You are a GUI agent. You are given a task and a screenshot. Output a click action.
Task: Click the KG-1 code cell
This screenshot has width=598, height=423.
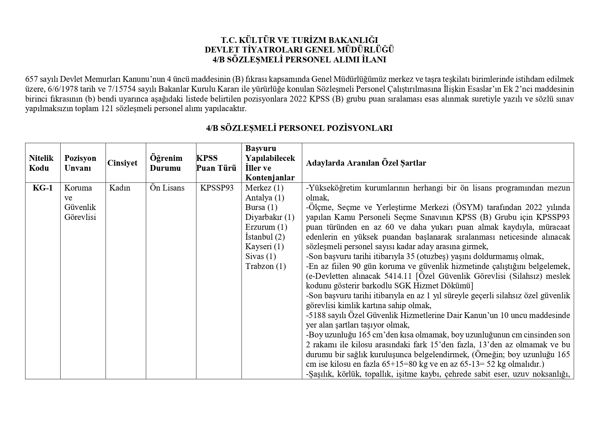(43, 188)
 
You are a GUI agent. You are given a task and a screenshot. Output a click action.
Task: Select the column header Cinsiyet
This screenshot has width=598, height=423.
(122, 163)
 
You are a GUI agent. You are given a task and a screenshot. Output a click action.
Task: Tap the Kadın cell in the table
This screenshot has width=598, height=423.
(120, 188)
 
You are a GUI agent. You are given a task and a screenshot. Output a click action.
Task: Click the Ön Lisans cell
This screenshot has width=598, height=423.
(167, 188)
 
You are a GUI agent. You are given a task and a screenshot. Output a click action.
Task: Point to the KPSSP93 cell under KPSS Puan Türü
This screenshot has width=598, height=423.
(217, 188)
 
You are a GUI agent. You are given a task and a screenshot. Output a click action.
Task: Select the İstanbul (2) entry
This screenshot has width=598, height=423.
(265, 237)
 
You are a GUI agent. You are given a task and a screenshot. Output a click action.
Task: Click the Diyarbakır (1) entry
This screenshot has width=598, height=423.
(270, 217)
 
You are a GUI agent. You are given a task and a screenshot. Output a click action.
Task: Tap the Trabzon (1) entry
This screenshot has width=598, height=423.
(265, 266)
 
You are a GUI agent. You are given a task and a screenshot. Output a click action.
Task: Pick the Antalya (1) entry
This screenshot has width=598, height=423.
(264, 198)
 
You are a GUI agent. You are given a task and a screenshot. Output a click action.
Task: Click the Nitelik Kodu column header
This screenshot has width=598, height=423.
(41, 163)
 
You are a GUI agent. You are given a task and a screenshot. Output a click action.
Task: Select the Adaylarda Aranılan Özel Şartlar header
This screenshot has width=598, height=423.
(366, 163)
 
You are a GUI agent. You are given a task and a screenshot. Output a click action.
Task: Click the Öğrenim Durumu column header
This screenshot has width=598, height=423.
(166, 163)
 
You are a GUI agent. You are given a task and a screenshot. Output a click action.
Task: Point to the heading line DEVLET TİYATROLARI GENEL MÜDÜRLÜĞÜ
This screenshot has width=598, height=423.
(299, 50)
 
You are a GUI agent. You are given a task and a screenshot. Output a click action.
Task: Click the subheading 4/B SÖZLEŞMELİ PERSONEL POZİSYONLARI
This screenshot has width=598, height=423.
(299, 128)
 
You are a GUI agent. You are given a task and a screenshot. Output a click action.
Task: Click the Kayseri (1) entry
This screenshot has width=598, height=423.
(264, 246)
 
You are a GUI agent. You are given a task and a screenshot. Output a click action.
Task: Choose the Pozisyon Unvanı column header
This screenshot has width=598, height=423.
(80, 163)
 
